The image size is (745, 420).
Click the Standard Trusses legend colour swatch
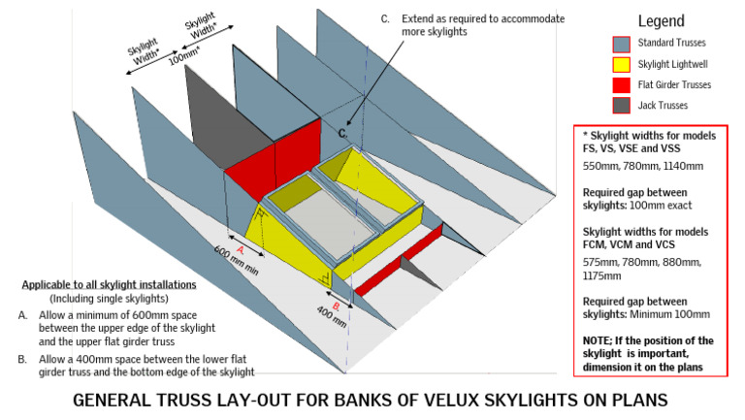[621, 44]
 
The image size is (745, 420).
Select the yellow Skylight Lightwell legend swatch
[621, 64]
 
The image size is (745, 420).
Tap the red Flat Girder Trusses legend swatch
[621, 84]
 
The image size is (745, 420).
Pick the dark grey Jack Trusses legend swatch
[621, 105]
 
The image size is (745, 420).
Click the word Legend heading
[661, 20]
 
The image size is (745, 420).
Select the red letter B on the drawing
[335, 305]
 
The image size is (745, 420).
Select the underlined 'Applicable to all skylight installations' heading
[108, 285]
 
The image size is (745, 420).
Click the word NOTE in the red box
[599, 341]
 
